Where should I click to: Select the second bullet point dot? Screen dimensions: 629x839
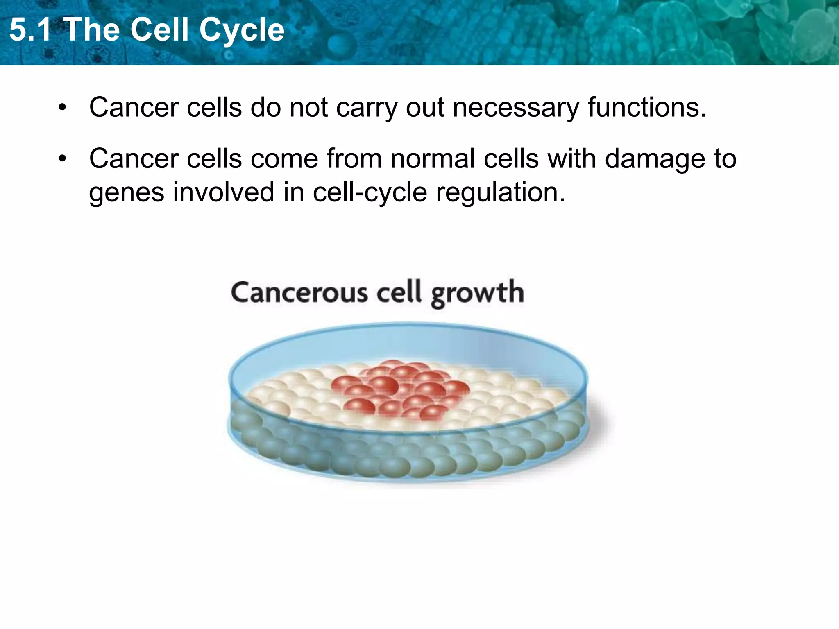(x=62, y=159)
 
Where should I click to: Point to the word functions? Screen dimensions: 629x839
(x=647, y=107)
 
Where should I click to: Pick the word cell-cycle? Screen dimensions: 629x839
(x=370, y=192)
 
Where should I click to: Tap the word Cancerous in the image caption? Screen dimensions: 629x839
(x=299, y=293)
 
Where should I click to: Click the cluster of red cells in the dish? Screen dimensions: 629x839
(x=399, y=389)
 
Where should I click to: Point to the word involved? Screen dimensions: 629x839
(x=223, y=192)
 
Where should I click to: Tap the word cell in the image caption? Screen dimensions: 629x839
(x=399, y=292)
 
